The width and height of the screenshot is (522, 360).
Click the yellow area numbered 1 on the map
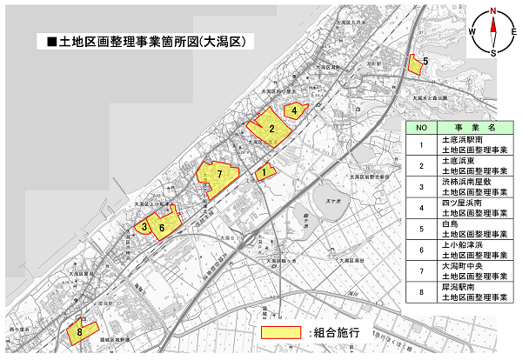(264, 173)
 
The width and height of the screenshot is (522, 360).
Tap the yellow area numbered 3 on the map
(145, 227)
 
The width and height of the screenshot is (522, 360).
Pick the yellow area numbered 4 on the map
(295, 110)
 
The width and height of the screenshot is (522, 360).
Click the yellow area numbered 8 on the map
(82, 330)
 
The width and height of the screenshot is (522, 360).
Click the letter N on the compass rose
(492, 11)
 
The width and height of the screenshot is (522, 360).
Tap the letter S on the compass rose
(493, 53)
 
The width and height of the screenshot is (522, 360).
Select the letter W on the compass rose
(472, 32)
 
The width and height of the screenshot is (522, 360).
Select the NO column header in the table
(421, 127)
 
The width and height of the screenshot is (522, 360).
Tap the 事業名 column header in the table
(474, 127)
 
